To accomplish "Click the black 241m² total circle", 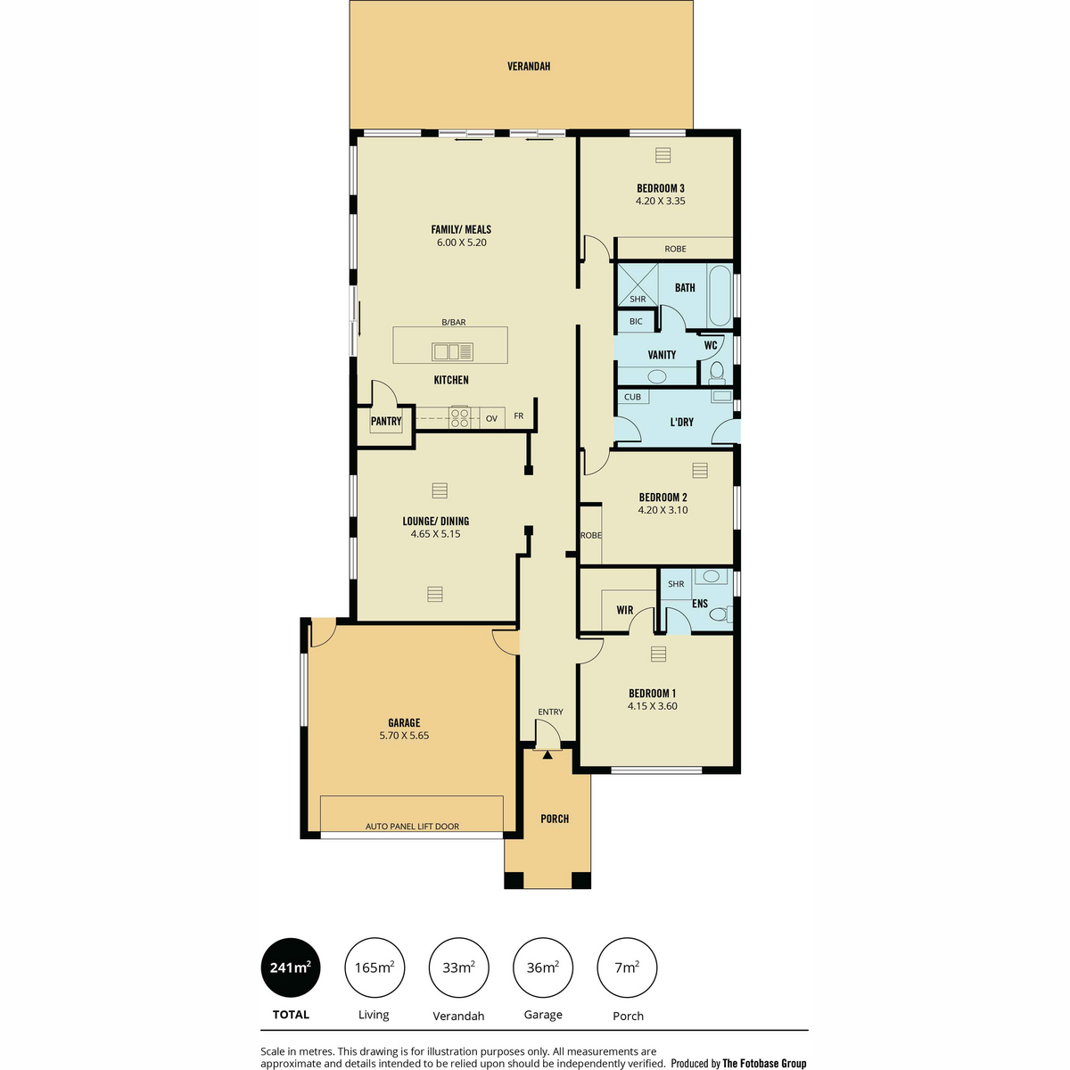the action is click(x=291, y=967).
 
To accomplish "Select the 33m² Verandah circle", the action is click(x=458, y=967).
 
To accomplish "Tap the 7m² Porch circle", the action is click(x=627, y=967).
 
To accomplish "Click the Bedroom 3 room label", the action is click(x=660, y=188).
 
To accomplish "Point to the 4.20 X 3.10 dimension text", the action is click(x=663, y=510).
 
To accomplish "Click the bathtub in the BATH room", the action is click(x=720, y=295).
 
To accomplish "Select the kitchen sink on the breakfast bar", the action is click(x=452, y=351).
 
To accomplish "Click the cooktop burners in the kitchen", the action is click(x=460, y=417).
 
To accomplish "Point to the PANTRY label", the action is click(x=386, y=421).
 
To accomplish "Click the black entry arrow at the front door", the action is click(x=547, y=754).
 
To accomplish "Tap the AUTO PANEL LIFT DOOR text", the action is click(x=412, y=827).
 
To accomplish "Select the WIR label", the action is click(x=625, y=610).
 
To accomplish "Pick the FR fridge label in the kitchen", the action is click(x=519, y=416).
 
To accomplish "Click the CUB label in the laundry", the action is click(x=632, y=397).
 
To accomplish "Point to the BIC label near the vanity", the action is click(x=636, y=321).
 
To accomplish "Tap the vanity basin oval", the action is click(x=657, y=377).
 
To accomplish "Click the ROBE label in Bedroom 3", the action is click(x=675, y=249).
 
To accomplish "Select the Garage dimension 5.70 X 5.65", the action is click(x=404, y=735).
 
